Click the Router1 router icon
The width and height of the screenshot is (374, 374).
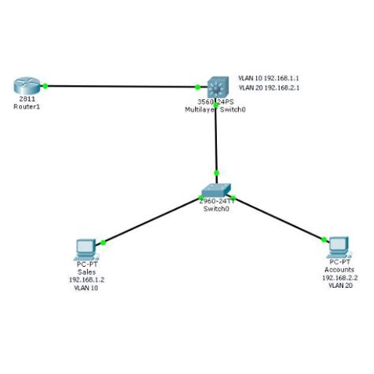[26, 85]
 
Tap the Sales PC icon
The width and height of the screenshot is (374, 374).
[84, 249]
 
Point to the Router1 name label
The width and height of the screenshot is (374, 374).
[26, 106]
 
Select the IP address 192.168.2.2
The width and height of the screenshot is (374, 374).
[339, 278]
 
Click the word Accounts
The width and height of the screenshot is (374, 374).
[339, 270]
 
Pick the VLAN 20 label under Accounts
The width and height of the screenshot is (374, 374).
[339, 286]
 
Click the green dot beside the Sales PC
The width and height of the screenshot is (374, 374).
[103, 242]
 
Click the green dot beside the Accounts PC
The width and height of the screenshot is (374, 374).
[323, 238]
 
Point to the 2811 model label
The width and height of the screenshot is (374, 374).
[26, 99]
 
